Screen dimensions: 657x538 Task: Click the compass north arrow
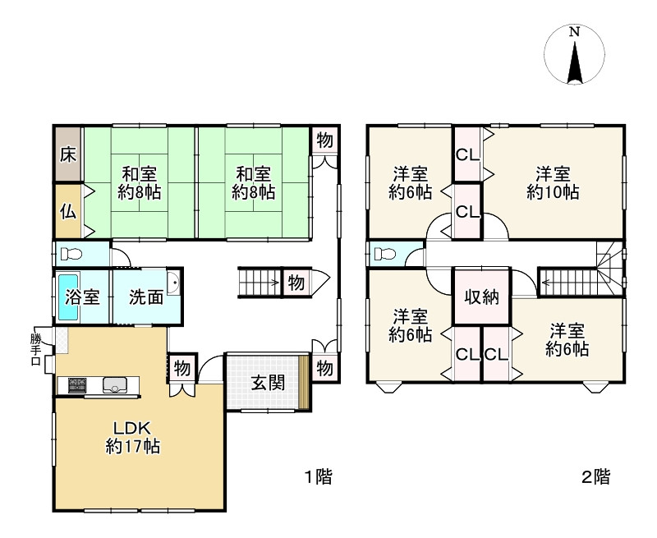coord(575,62)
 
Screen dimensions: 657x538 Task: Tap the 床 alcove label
coord(68,155)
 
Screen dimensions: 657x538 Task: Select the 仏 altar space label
coord(68,212)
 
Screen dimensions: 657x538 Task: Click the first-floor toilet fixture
coord(71,254)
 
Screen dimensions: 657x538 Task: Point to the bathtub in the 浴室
coord(68,297)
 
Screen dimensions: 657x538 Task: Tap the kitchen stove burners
coord(77,385)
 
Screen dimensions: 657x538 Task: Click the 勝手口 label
coord(35,349)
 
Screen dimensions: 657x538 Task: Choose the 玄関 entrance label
coord(268,383)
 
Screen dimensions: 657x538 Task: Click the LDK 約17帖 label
coord(132,438)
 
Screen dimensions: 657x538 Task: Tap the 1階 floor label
coord(318,477)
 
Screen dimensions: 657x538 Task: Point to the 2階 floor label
coord(596,477)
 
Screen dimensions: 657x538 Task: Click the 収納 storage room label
coord(482,297)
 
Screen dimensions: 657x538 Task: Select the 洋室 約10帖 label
coord(553,182)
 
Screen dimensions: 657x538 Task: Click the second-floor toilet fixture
coord(384,254)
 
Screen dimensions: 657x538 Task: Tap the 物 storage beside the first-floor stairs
coord(296,283)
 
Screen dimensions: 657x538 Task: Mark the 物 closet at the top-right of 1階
coord(324,140)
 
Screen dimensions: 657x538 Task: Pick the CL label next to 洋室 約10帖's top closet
coord(467,155)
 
